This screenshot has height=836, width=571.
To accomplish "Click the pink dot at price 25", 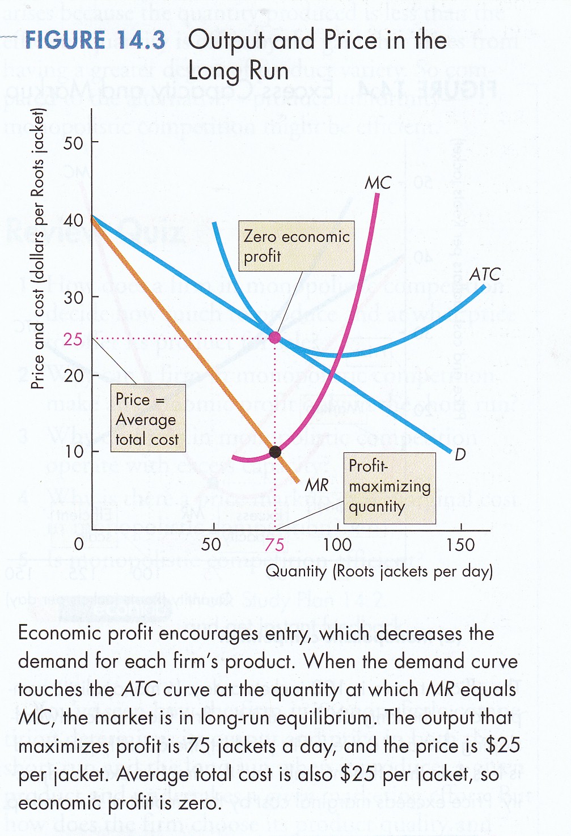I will (274, 338).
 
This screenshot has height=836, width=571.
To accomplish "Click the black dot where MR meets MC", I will (275, 452).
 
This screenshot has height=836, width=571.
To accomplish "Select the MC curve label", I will (378, 183).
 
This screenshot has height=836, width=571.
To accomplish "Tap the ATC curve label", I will (485, 275).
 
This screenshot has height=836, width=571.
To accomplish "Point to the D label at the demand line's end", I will (460, 455).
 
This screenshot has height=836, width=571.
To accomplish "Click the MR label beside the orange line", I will (316, 485).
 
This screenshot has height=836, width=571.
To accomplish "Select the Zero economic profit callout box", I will (297, 246).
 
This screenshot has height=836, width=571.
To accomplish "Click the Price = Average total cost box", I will (147, 419).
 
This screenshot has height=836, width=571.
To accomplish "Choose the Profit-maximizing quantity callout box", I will (390, 487).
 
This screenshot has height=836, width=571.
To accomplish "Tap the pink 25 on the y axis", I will (73, 340).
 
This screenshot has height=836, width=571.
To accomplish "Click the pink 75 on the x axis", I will (274, 545).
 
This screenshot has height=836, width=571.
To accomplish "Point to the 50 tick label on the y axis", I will (73, 143).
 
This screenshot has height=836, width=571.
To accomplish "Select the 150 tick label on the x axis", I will (460, 545).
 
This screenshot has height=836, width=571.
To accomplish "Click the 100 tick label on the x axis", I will (337, 545).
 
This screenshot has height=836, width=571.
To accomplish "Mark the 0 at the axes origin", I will (79, 545).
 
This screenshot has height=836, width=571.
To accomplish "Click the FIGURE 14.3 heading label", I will (95, 41).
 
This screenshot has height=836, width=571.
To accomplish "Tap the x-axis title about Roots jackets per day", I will (379, 571).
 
